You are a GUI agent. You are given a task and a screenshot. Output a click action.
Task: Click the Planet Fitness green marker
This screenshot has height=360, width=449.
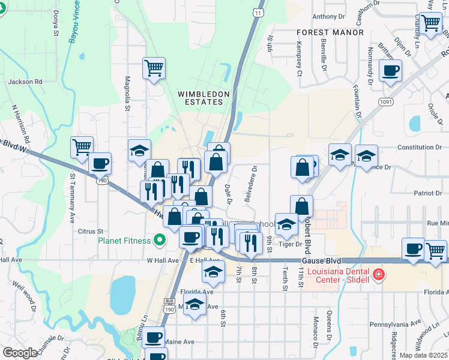pyautogui.click(x=159, y=241)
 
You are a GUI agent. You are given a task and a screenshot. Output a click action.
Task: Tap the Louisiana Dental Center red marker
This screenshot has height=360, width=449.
pyautogui.click(x=378, y=275)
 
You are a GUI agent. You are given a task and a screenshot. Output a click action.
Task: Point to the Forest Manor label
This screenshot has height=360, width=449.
pyautogui.click(x=330, y=32)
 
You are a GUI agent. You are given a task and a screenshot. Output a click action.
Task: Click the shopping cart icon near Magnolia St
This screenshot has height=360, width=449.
pyautogui.click(x=154, y=68)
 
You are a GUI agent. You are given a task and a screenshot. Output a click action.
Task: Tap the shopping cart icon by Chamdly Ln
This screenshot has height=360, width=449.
pyautogui.click(x=430, y=25)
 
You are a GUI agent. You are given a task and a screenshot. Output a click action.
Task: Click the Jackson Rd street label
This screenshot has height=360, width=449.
pyautogui.click(x=25, y=81)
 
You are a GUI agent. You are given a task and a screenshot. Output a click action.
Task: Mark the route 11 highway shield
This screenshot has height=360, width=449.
pyautogui.click(x=258, y=13)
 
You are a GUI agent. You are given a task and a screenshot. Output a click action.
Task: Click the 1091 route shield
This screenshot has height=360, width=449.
pyautogui.click(x=387, y=103)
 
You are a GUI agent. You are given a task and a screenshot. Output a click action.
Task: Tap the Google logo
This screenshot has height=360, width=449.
pyautogui.click(x=19, y=352)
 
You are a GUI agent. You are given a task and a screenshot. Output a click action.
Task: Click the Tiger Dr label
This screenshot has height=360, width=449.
pyautogui.click(x=291, y=244)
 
